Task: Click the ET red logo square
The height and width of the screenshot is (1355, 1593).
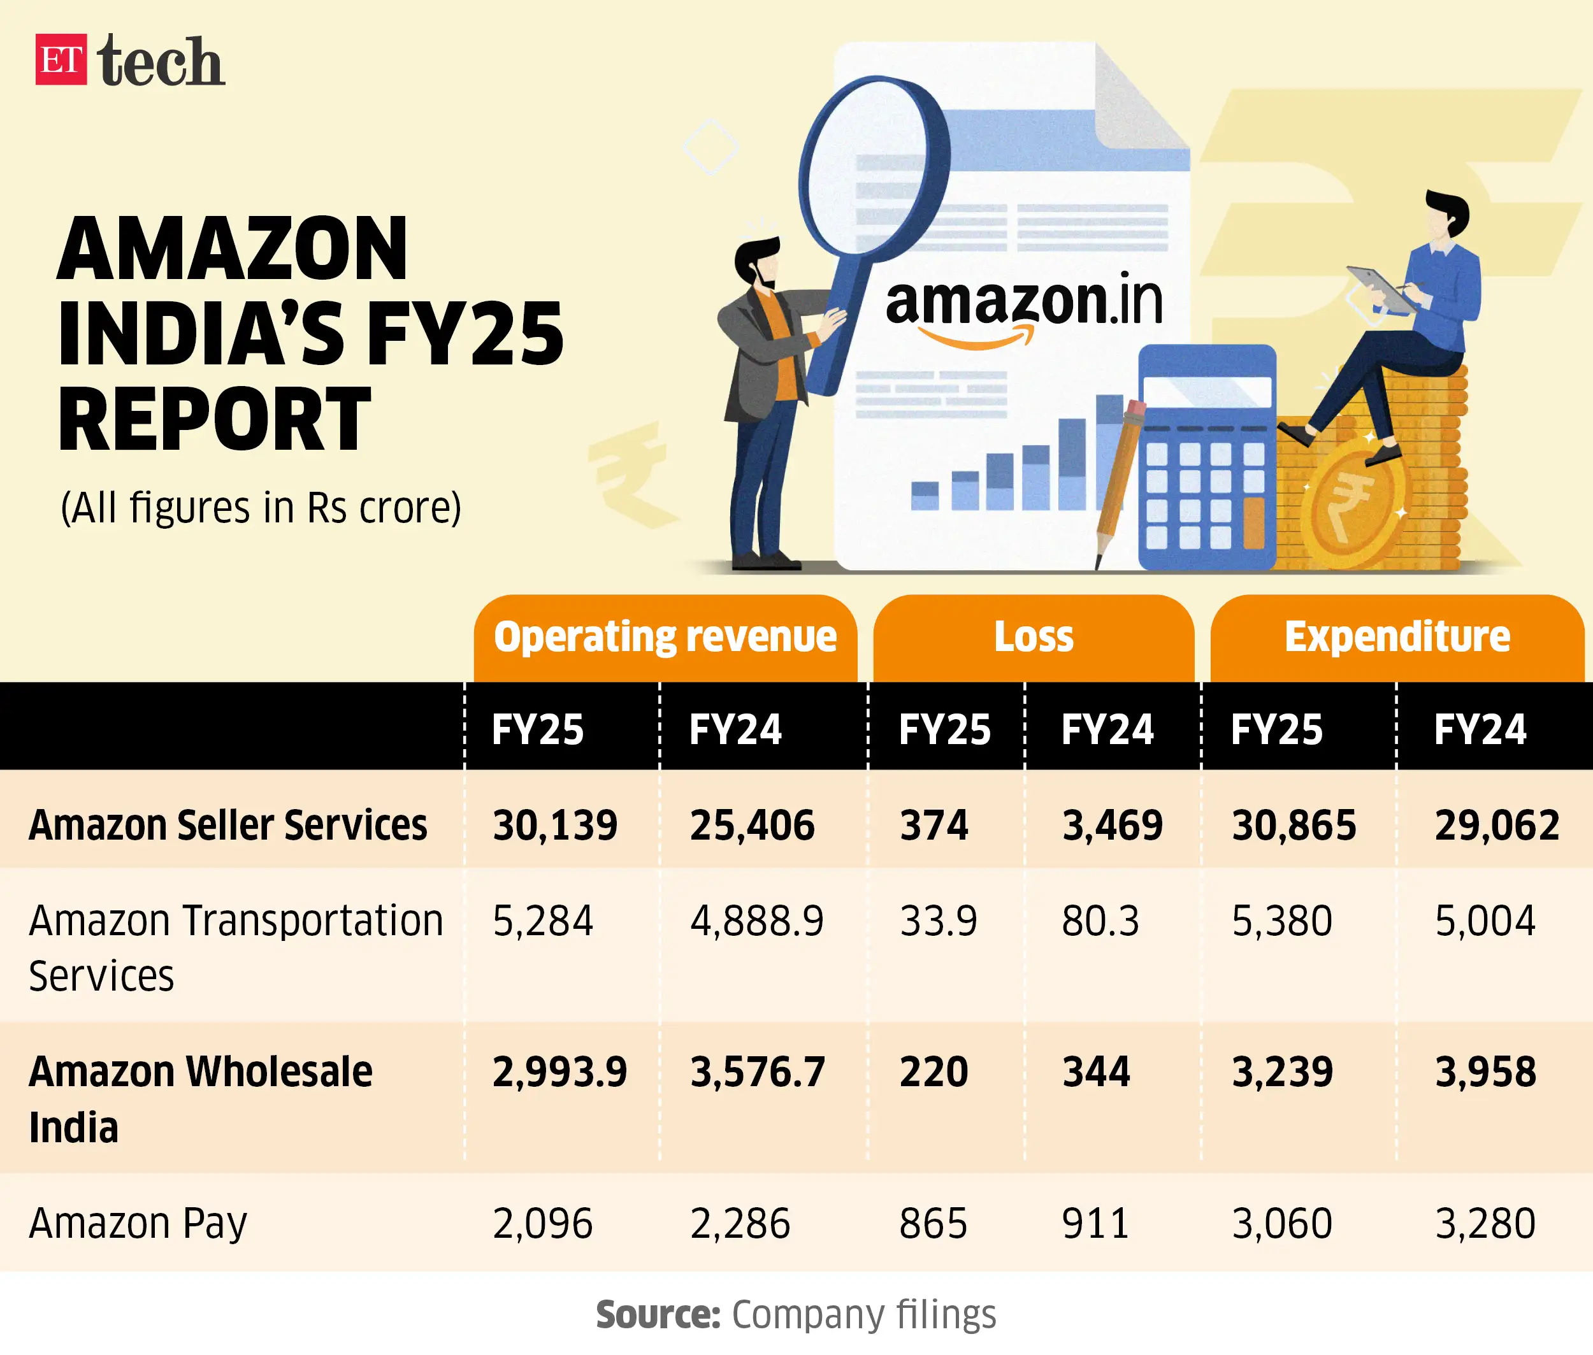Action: tap(61, 59)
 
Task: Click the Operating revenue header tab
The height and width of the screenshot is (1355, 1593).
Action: tap(665, 638)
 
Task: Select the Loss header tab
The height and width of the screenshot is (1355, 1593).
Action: tap(1033, 638)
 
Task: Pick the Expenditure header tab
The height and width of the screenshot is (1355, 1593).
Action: tap(1396, 638)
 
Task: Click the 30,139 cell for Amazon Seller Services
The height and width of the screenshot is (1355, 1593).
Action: tap(555, 826)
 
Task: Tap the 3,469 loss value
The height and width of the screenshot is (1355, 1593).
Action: tap(1112, 826)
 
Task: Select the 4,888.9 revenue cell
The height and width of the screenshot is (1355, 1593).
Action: tap(756, 921)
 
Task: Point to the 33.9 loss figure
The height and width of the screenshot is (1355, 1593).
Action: tap(939, 921)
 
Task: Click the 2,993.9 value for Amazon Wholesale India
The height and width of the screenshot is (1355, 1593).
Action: tap(559, 1072)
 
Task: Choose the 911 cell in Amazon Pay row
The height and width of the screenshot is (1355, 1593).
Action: tap(1095, 1224)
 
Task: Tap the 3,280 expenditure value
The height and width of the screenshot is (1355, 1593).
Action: tap(1485, 1224)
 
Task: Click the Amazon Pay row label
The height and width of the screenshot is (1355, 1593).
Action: tap(138, 1224)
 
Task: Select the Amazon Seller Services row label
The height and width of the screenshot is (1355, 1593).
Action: tap(227, 826)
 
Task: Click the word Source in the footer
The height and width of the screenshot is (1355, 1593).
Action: tap(658, 1315)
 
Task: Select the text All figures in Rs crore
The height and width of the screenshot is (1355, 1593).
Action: tap(261, 508)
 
